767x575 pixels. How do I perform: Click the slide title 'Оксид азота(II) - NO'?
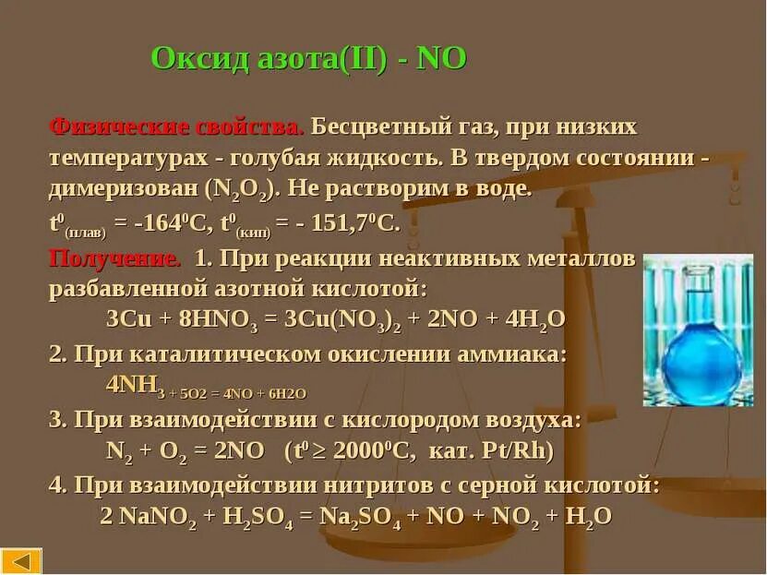click(x=308, y=59)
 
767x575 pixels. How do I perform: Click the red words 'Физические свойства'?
click(x=175, y=126)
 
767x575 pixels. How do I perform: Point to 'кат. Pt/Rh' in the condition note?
click(x=507, y=451)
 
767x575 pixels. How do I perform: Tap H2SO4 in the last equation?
click(x=258, y=517)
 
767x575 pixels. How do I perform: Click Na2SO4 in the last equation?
click(x=362, y=517)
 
